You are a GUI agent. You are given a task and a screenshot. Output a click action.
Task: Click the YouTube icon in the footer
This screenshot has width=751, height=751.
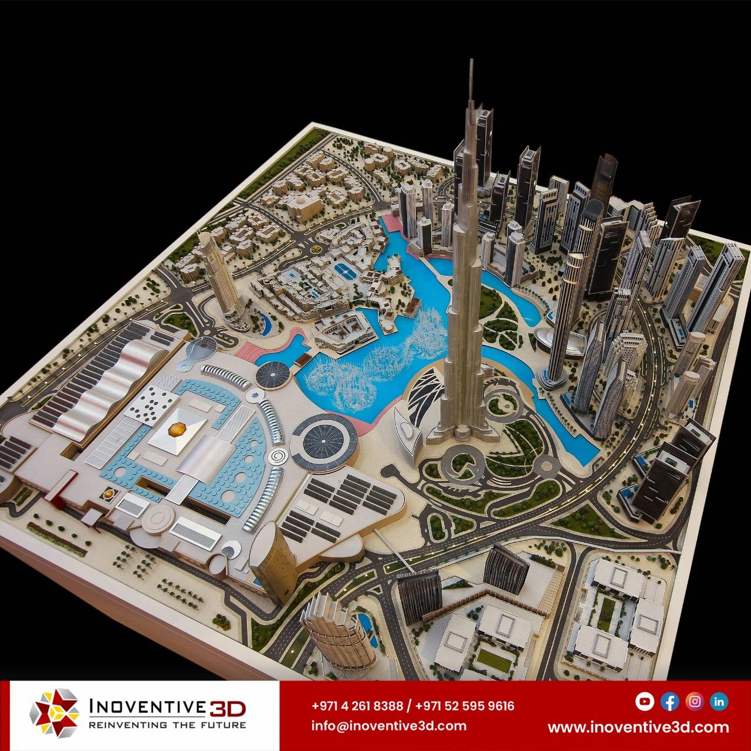(x=645, y=701)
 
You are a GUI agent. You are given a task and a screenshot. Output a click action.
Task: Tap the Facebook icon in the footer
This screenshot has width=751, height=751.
(x=669, y=701)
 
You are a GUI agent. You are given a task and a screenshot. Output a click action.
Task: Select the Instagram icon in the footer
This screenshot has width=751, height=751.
(x=695, y=701)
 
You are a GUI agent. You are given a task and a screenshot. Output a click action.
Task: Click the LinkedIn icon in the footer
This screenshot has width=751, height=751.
(x=719, y=701)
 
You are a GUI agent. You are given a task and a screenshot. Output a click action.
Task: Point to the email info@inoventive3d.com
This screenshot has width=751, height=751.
(x=389, y=726)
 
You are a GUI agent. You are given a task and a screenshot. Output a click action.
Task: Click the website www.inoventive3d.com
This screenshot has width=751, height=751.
(x=638, y=727)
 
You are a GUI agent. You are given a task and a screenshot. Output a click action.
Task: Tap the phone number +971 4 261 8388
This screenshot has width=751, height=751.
(x=357, y=706)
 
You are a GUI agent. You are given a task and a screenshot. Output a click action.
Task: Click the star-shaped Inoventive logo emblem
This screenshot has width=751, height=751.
(x=53, y=714)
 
